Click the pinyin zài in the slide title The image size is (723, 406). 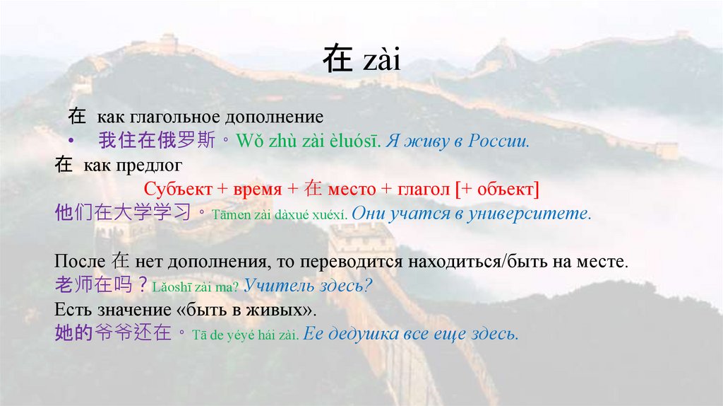click(x=382, y=61)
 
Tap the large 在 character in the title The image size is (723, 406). click(x=337, y=61)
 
